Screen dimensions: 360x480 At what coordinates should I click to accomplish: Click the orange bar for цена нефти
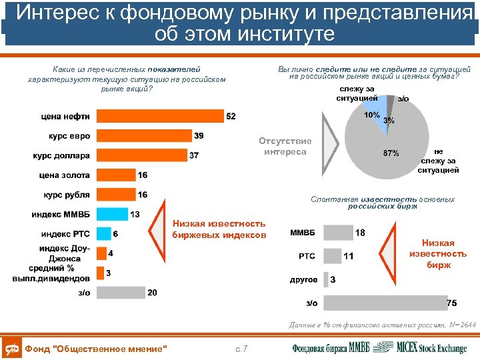click(x=159, y=117)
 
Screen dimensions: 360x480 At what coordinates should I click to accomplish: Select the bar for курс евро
click(x=143, y=136)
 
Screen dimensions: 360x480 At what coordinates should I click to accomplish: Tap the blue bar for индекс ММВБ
click(x=111, y=214)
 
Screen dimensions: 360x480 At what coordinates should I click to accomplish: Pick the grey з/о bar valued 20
click(x=121, y=293)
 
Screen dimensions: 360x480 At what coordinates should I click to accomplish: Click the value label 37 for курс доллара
click(x=194, y=155)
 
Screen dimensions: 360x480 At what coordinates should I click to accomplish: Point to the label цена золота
click(x=65, y=175)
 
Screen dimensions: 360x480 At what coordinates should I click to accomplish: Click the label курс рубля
click(x=67, y=195)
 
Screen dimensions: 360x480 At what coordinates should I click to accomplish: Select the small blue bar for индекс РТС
click(x=103, y=234)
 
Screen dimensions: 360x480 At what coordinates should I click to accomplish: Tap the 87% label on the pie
click(x=391, y=153)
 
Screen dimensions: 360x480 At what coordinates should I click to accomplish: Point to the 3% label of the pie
click(x=389, y=121)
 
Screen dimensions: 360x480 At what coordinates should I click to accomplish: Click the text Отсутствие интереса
click(x=285, y=147)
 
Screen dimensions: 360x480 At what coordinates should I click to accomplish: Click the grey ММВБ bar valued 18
click(x=337, y=233)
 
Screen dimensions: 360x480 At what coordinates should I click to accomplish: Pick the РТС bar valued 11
click(x=331, y=256)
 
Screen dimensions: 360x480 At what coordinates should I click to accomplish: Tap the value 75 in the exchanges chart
click(x=451, y=303)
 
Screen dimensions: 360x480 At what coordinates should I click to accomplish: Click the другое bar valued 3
click(x=325, y=279)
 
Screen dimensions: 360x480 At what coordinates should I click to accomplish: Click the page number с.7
click(x=241, y=349)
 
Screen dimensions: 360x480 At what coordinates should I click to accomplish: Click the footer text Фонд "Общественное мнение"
click(x=95, y=349)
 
